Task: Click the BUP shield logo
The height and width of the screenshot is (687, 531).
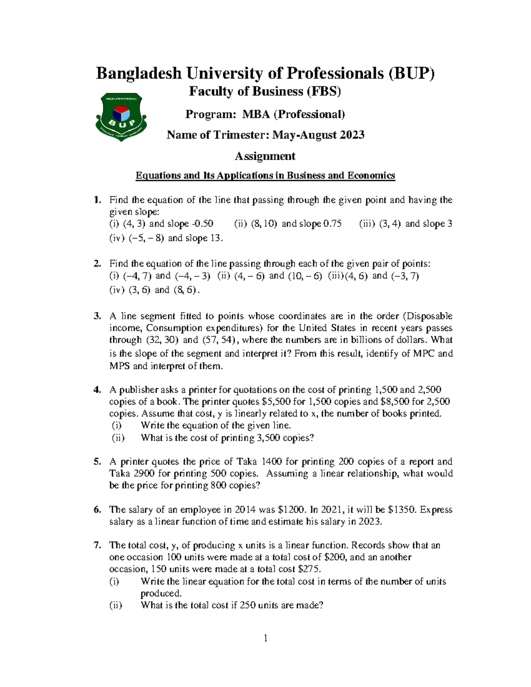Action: pos(121,116)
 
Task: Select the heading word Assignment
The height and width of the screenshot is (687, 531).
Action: pos(265,156)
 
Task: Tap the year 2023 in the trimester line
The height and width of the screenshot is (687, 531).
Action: pos(352,135)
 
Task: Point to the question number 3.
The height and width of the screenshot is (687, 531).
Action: pos(97,316)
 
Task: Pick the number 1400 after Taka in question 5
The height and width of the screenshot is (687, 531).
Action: pos(272,461)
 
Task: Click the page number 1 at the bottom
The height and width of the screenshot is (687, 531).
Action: pos(265,638)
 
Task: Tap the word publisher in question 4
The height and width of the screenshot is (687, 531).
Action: pos(139,390)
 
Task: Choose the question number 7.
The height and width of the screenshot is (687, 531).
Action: pos(97,545)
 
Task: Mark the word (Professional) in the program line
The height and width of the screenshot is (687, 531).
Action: pos(309,115)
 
